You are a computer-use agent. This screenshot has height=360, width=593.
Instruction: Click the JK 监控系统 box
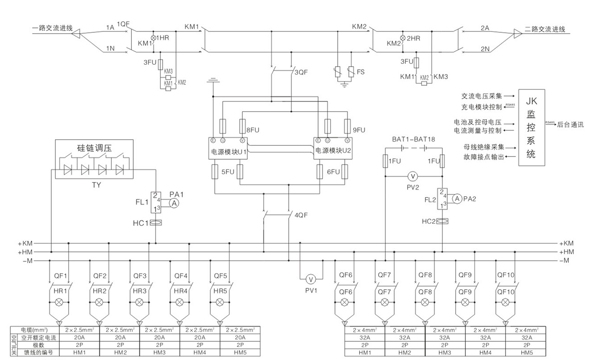[x=531, y=127]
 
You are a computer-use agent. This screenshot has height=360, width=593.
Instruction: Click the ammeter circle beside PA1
[x=174, y=203]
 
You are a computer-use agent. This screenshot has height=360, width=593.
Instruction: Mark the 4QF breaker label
[x=302, y=216]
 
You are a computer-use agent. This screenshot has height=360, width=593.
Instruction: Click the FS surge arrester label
[x=361, y=73]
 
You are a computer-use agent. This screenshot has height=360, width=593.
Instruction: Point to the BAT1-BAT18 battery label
[x=413, y=139]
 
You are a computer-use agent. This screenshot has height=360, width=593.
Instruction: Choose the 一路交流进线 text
[x=52, y=28]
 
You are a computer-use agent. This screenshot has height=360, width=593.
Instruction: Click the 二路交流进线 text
[x=545, y=29]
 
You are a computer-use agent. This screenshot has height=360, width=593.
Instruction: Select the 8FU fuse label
[x=254, y=130]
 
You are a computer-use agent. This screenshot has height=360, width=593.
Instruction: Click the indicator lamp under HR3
[x=139, y=302]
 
